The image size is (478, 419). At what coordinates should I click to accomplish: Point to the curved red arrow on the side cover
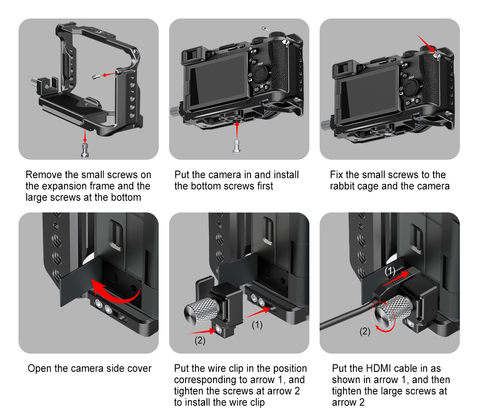coord(115,290)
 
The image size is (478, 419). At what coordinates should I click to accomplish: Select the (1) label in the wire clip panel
coord(257,325)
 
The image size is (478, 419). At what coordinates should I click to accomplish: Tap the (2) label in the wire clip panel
coord(200,341)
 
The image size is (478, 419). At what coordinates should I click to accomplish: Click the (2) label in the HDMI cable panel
coord(365,331)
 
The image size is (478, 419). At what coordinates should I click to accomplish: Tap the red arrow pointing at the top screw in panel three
coord(427,44)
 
